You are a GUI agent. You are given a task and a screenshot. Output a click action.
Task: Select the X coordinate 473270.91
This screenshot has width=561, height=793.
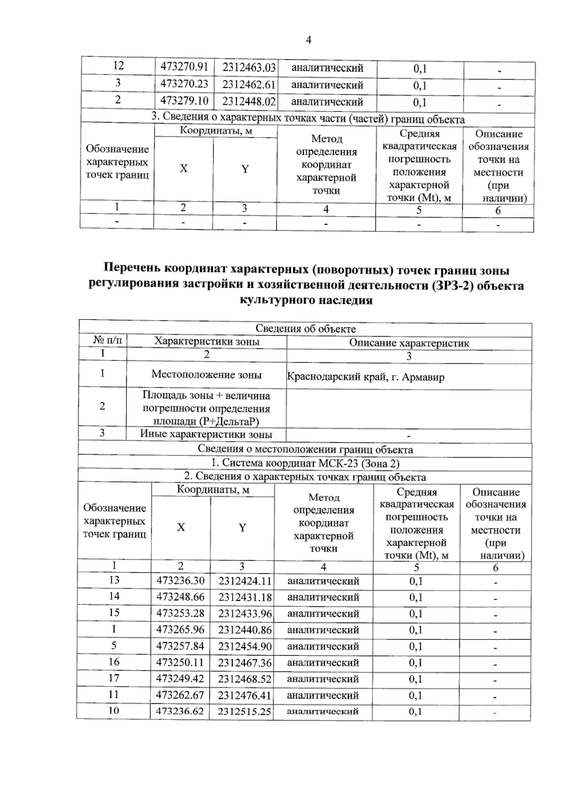[184, 67]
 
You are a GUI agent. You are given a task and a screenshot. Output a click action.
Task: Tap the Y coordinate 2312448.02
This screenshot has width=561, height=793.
[249, 101]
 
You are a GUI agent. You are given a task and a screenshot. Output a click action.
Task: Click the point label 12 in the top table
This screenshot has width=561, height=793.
[118, 66]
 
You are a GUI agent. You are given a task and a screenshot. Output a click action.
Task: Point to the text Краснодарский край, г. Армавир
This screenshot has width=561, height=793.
[365, 377]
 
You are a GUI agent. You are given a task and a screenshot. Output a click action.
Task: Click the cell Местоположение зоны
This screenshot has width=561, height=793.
[206, 375]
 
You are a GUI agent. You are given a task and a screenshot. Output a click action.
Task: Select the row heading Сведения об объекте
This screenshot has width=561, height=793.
[305, 329]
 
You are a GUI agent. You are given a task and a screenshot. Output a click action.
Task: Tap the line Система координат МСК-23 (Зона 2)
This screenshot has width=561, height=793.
[305, 463]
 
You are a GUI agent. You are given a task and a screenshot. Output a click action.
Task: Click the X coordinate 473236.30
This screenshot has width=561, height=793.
[180, 581]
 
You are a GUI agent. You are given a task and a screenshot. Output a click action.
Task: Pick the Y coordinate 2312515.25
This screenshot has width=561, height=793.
[245, 712]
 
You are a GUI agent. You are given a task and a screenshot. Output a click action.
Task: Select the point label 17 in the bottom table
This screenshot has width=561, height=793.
[114, 678]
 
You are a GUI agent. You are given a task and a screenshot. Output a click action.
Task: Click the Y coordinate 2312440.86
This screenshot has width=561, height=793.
[245, 630]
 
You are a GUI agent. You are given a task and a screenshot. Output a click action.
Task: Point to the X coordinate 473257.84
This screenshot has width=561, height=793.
[180, 646]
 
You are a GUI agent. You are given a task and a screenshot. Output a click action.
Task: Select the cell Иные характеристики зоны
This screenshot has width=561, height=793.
[206, 434]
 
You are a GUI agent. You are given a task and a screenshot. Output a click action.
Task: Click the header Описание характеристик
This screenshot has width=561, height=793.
[409, 343]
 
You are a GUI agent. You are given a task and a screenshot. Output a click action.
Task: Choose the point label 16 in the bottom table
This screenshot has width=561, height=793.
[114, 662]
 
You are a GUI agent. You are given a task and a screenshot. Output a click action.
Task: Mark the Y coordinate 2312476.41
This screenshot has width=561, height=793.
[245, 695]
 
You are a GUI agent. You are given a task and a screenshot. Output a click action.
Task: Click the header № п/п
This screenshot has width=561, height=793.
[107, 341]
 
